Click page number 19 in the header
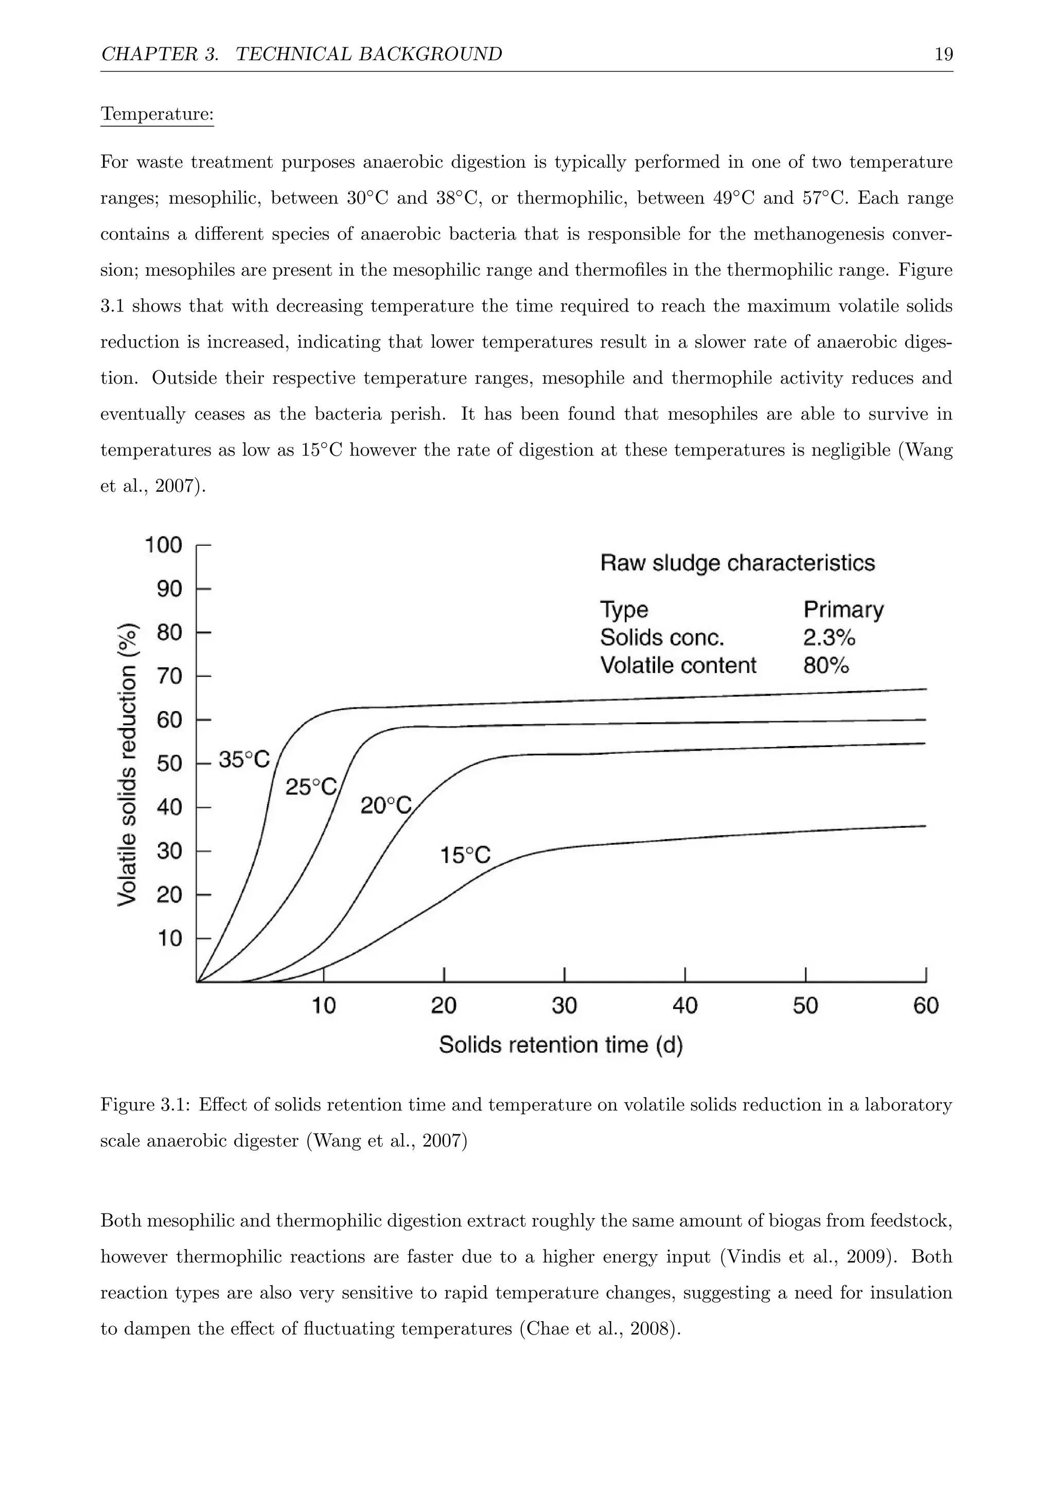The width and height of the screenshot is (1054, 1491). coord(943,54)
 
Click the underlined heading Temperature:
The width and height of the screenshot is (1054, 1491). coord(157,114)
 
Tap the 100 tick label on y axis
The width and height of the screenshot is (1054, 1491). coord(164,544)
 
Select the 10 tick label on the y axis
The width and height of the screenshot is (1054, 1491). coord(170,939)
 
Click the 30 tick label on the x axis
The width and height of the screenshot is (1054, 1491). coord(564,1006)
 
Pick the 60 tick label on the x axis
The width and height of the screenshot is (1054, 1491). coord(925,1006)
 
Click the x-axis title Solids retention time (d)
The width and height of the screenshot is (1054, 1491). coord(561,1045)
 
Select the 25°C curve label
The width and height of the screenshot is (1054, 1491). coord(311,787)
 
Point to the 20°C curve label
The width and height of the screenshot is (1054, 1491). coord(385,806)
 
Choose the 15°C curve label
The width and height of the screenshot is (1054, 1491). coord(465,855)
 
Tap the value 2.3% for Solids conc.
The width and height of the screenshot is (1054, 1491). coord(829,638)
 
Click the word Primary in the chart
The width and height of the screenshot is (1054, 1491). coord(843,610)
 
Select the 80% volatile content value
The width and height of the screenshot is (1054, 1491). coord(825,666)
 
